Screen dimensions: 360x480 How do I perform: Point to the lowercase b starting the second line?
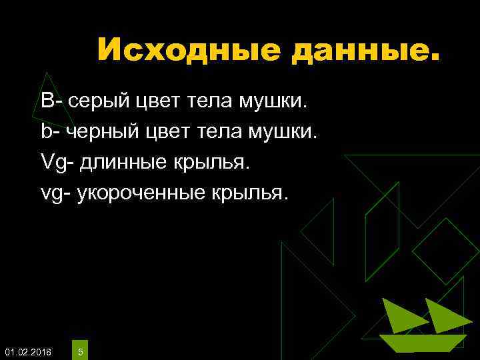pos(46,131)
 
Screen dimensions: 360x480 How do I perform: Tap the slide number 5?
pos(80,351)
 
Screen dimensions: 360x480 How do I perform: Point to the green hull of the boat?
pos(421,343)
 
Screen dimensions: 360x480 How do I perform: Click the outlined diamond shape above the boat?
pos(445,251)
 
